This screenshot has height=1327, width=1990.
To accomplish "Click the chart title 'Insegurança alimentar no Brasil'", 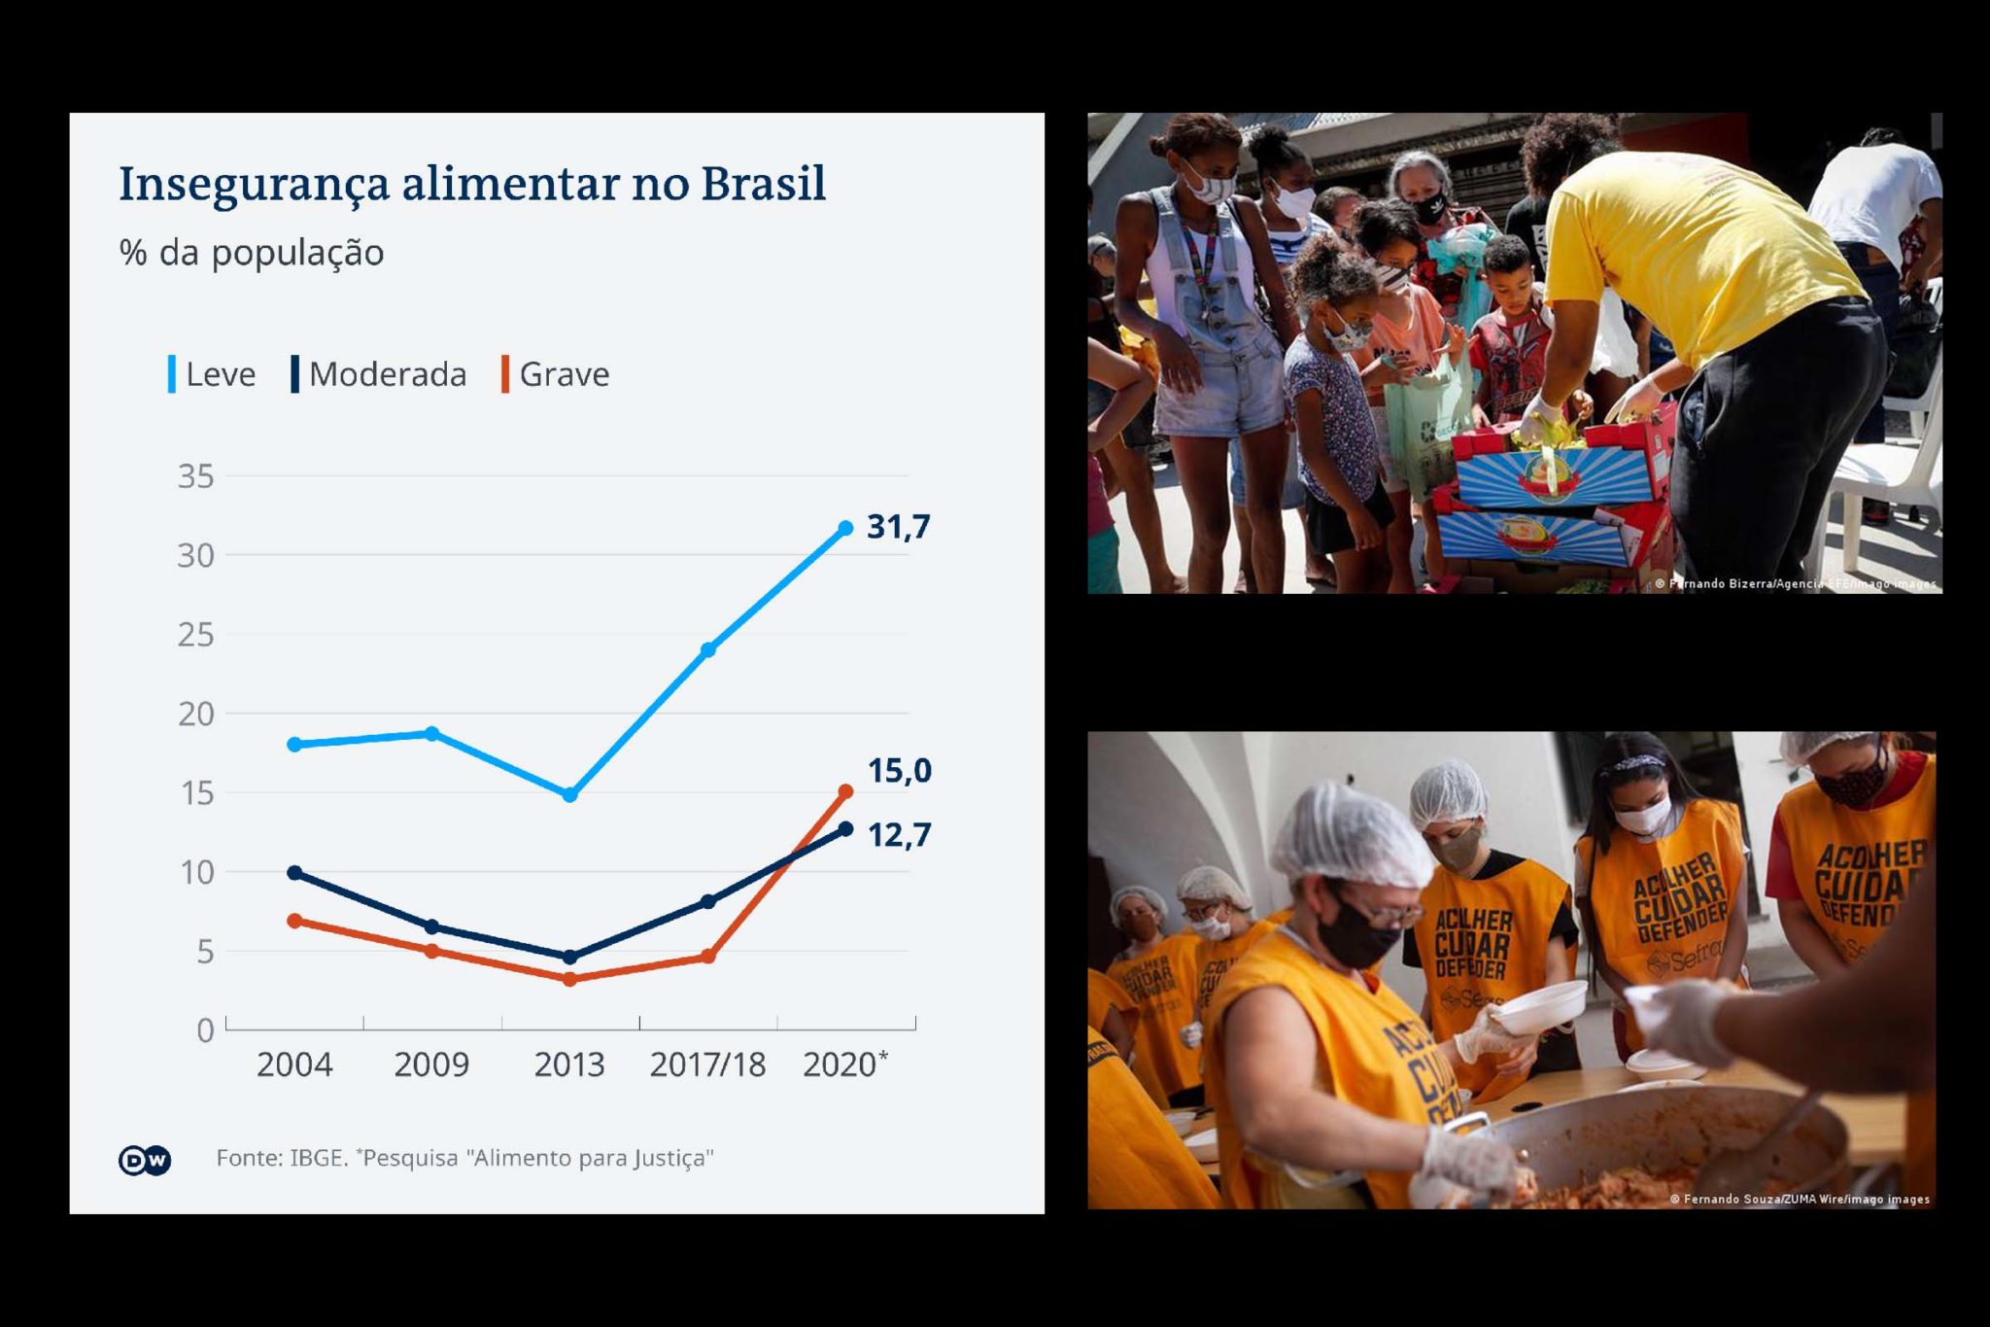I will (472, 184).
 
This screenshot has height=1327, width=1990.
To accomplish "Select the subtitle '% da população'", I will (252, 253).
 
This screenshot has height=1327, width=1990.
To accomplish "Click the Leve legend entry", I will (213, 374).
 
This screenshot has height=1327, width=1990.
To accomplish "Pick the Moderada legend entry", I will (379, 374).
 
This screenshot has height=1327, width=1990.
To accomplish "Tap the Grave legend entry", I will (557, 374).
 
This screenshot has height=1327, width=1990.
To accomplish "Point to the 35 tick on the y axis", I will (196, 476).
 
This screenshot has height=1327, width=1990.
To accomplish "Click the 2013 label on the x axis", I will (569, 1065).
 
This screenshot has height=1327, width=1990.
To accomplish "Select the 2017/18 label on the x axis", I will (707, 1065).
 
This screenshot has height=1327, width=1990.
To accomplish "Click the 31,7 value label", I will (899, 527).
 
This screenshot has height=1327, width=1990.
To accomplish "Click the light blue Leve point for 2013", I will (570, 795).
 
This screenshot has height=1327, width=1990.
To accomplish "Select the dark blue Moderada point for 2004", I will (294, 873).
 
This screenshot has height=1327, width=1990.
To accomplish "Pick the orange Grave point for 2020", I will (845, 792).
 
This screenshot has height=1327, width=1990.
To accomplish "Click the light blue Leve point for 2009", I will (432, 733).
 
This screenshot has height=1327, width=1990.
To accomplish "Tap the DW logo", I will (145, 1160).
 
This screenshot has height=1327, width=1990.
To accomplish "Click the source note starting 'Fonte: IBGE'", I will (464, 1158).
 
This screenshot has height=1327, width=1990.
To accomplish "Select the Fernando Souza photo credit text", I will (1800, 1199).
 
